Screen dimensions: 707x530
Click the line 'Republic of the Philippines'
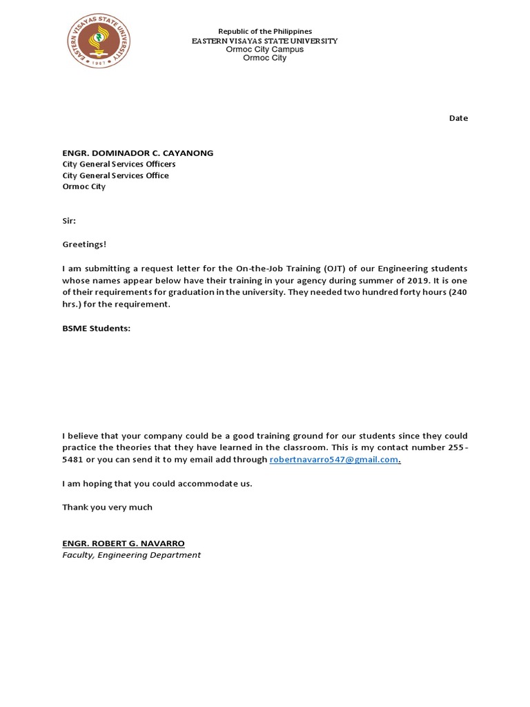tap(265, 32)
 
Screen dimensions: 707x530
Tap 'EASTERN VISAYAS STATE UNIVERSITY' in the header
tap(265, 41)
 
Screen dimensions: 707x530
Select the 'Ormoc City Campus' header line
tap(265, 50)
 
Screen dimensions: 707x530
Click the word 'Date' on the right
tap(458, 118)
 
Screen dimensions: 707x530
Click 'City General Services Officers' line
tap(119, 164)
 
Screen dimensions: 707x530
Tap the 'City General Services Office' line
tap(115, 175)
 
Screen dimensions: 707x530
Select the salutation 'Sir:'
tap(69, 221)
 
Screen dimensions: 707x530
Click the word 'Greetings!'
tap(85, 244)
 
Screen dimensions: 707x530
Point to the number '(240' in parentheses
tap(458, 292)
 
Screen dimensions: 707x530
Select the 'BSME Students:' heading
tap(96, 328)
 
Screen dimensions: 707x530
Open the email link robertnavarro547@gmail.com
tap(334, 460)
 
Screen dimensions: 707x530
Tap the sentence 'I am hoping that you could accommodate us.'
tap(157, 483)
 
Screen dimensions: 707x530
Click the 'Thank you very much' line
tap(107, 507)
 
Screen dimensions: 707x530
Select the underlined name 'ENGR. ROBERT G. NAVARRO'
tap(124, 543)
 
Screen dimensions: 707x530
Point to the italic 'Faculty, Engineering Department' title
tap(131, 554)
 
